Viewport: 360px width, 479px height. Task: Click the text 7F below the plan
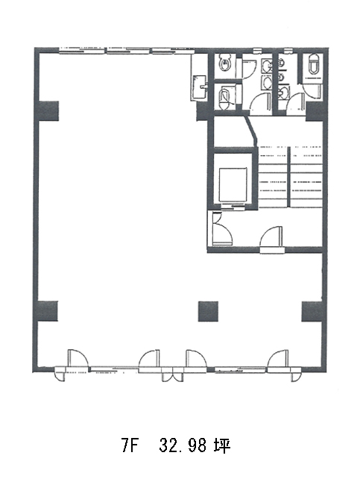tap(130, 445)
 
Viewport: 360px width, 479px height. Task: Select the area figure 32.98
tap(183, 445)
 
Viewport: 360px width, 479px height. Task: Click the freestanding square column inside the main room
tap(208, 311)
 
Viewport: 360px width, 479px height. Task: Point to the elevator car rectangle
tap(233, 184)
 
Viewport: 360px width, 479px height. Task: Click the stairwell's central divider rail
tap(288, 177)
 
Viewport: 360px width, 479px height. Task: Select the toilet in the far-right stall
tap(314, 63)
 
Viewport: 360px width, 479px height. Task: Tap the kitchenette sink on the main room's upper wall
tap(200, 87)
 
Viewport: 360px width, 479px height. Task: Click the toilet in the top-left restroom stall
tap(225, 63)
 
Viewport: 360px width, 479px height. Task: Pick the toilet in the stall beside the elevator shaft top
tap(225, 98)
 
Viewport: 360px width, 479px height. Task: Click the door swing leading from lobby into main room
tap(271, 236)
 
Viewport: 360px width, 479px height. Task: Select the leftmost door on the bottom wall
tap(78, 357)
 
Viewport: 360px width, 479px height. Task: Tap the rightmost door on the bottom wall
tap(278, 358)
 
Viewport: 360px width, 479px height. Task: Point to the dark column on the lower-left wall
tap(47, 311)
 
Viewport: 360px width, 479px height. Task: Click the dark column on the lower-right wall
tap(312, 311)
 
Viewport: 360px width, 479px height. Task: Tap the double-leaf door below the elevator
tap(222, 228)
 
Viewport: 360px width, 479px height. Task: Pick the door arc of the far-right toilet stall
tap(312, 91)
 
